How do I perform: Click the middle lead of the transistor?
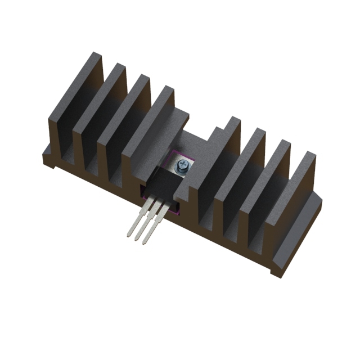tap(145, 228)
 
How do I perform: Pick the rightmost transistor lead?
tap(154, 231)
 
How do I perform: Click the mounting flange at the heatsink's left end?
tap(51, 160)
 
